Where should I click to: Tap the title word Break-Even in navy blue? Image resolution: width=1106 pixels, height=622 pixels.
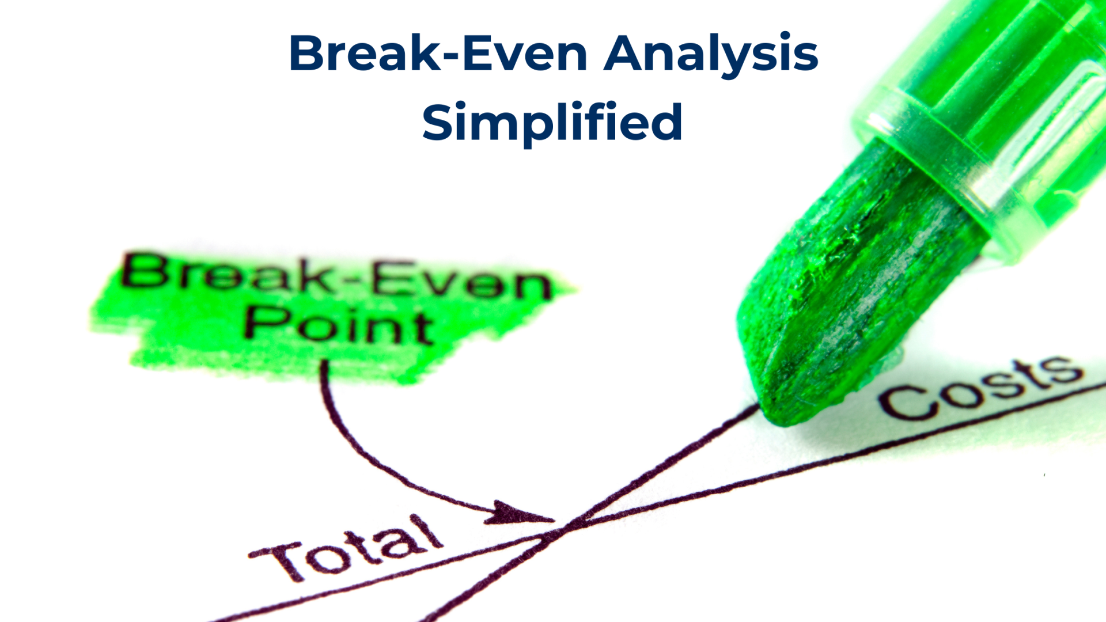[438, 53]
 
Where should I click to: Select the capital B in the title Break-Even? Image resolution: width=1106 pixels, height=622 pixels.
[308, 53]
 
